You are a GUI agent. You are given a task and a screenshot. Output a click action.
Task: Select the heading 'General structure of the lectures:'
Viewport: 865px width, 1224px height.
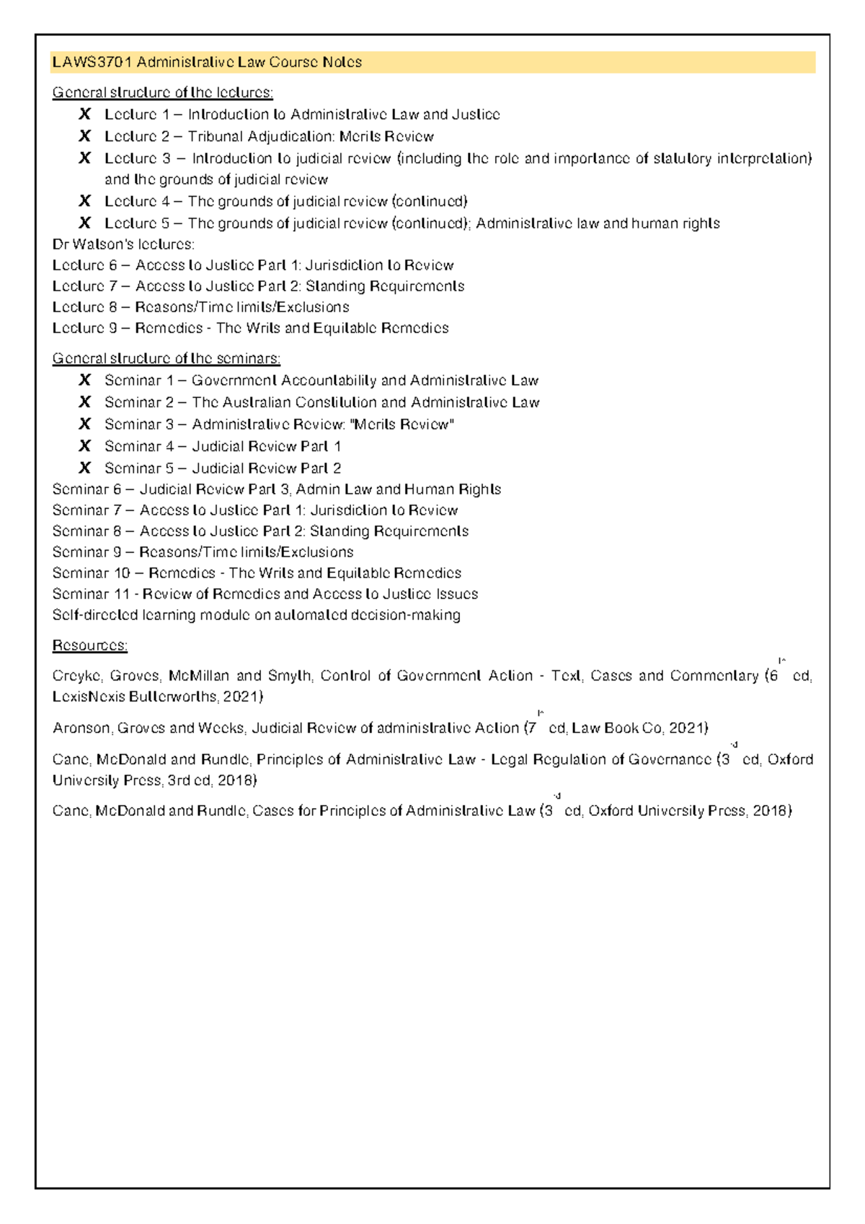(x=163, y=92)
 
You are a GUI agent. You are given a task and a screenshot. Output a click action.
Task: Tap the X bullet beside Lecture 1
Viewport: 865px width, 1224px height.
(x=85, y=114)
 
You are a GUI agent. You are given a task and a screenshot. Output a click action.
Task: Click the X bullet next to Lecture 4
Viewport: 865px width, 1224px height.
(x=85, y=201)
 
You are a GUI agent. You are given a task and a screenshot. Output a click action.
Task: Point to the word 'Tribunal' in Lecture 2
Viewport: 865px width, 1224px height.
(x=216, y=136)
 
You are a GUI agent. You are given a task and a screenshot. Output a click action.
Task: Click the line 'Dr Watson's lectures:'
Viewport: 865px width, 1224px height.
(x=123, y=244)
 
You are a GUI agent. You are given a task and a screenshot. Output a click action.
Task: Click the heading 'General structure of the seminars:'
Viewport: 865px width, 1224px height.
(x=167, y=358)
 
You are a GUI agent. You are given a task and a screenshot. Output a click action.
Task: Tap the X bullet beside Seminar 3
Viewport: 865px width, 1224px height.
(x=85, y=424)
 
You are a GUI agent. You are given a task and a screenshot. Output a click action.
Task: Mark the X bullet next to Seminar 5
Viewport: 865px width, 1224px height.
(x=85, y=468)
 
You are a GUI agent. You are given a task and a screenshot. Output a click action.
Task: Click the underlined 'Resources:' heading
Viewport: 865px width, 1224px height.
(x=90, y=645)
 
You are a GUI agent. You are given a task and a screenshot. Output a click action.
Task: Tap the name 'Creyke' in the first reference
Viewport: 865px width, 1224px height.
(x=77, y=676)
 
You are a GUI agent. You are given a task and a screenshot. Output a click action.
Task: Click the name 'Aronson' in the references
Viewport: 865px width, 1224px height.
(x=81, y=728)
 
